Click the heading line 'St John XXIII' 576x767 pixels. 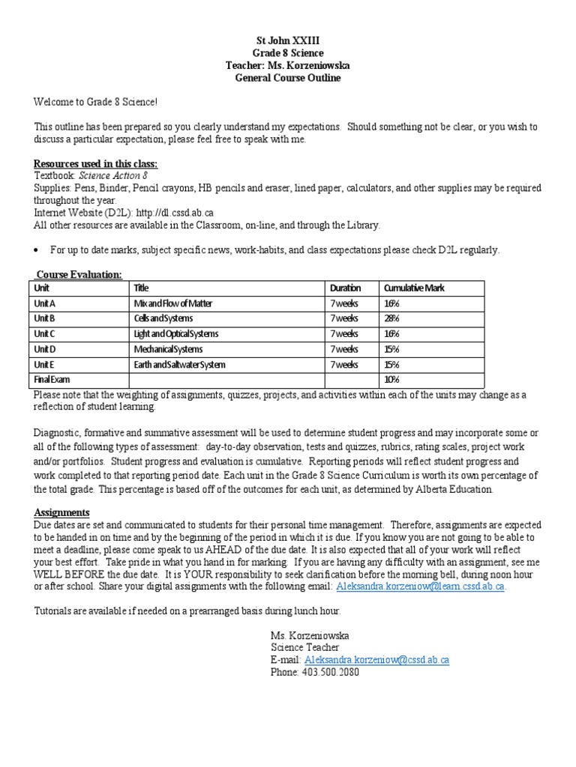[x=288, y=40]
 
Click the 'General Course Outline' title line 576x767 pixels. [x=288, y=79]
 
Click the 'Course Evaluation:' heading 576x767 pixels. [x=79, y=275]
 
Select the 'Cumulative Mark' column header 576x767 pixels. [x=413, y=288]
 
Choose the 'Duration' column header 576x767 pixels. [x=345, y=288]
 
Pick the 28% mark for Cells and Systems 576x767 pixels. [x=391, y=318]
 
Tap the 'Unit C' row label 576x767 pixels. [x=45, y=334]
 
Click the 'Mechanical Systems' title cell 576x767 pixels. [x=168, y=349]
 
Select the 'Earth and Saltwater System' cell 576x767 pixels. [x=179, y=365]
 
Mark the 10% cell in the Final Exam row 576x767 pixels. [x=391, y=380]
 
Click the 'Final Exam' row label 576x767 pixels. [x=50, y=380]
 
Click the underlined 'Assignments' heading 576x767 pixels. [x=61, y=513]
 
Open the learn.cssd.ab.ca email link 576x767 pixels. [x=420, y=586]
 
